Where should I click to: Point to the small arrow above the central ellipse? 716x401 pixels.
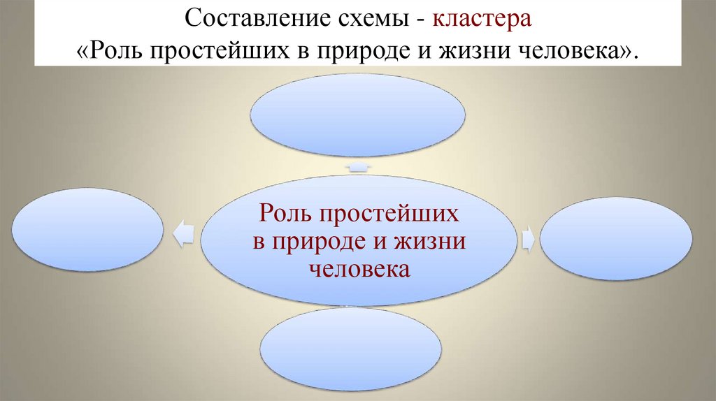click(x=358, y=167)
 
